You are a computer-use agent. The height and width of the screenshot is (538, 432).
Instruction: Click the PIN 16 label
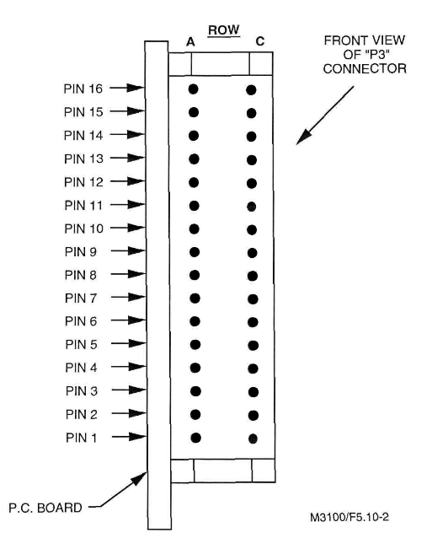pyautogui.click(x=83, y=89)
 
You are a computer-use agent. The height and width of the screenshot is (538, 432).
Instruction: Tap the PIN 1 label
pyautogui.click(x=81, y=438)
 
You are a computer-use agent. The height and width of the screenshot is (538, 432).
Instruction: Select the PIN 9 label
pyautogui.click(x=81, y=252)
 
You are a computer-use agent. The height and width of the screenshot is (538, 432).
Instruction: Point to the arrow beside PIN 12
pyautogui.click(x=127, y=181)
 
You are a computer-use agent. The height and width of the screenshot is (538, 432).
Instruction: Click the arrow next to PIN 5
pyautogui.click(x=129, y=343)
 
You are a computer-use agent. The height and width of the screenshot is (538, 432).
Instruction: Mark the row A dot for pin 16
pyautogui.click(x=193, y=89)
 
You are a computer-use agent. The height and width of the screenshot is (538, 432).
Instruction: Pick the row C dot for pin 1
pyautogui.click(x=253, y=438)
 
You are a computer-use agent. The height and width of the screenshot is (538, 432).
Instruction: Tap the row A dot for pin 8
pyautogui.click(x=195, y=275)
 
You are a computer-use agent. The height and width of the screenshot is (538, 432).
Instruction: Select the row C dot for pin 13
pyautogui.click(x=252, y=160)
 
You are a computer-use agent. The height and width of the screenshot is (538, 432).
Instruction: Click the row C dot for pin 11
pyautogui.click(x=252, y=207)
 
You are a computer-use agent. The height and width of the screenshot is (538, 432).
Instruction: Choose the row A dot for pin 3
pyautogui.click(x=195, y=391)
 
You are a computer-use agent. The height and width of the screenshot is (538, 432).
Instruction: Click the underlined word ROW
pyautogui.click(x=224, y=30)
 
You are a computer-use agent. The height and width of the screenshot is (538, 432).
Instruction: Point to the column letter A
pyautogui.click(x=190, y=42)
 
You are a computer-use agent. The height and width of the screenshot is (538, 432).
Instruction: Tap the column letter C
pyautogui.click(x=260, y=41)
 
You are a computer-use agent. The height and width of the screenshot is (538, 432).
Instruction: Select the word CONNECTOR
pyautogui.click(x=365, y=68)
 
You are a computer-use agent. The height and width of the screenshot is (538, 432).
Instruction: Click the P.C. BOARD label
pyautogui.click(x=45, y=508)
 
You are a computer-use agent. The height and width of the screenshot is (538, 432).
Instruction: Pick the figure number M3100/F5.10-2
pyautogui.click(x=349, y=517)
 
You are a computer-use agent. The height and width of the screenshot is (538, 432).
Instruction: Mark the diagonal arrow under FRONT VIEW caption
pyautogui.click(x=325, y=116)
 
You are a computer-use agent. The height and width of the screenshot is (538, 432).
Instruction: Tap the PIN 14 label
pyautogui.click(x=83, y=136)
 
